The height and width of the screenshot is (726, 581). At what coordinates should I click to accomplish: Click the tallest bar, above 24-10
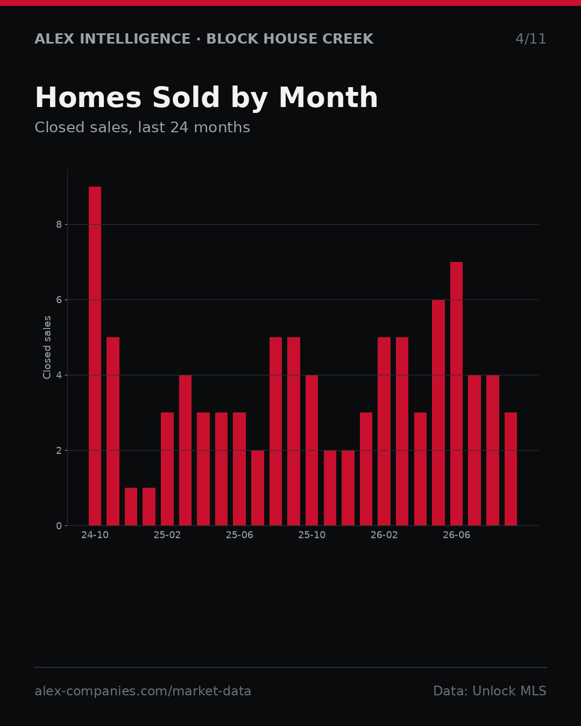pyautogui.click(x=95, y=356)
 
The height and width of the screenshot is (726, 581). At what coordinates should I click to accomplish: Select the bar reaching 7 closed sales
pyautogui.click(x=456, y=394)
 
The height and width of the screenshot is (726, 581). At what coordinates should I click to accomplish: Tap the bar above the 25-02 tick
pyautogui.click(x=167, y=469)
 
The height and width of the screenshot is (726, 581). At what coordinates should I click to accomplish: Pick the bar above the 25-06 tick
pyautogui.click(x=239, y=469)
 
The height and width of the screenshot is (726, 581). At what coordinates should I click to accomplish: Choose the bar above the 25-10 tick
pyautogui.click(x=311, y=450)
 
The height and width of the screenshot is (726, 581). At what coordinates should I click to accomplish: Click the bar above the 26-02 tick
pyautogui.click(x=384, y=431)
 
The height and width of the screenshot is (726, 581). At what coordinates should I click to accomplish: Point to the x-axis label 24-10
pyautogui.click(x=95, y=535)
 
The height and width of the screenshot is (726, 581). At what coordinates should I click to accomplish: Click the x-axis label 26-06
pyautogui.click(x=456, y=535)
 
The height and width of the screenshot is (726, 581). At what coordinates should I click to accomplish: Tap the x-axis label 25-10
pyautogui.click(x=311, y=535)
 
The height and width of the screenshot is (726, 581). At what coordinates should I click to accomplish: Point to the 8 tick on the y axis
pyautogui.click(x=59, y=225)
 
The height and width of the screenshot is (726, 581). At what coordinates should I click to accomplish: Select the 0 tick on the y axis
pyautogui.click(x=59, y=526)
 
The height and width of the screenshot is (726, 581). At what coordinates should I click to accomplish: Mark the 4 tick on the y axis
pyautogui.click(x=59, y=375)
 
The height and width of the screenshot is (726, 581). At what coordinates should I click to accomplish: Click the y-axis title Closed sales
pyautogui.click(x=47, y=347)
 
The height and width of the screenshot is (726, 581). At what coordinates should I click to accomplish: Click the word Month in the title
pyautogui.click(x=328, y=97)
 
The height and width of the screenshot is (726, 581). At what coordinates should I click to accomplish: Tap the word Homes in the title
pyautogui.click(x=88, y=97)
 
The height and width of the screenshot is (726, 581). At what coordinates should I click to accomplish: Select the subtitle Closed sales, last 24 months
pyautogui.click(x=143, y=127)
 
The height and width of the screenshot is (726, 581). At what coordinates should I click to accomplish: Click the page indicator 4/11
pyautogui.click(x=530, y=39)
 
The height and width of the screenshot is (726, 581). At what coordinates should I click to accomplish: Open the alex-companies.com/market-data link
pyautogui.click(x=143, y=691)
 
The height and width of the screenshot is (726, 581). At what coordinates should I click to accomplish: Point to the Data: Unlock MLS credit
pyautogui.click(x=490, y=691)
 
